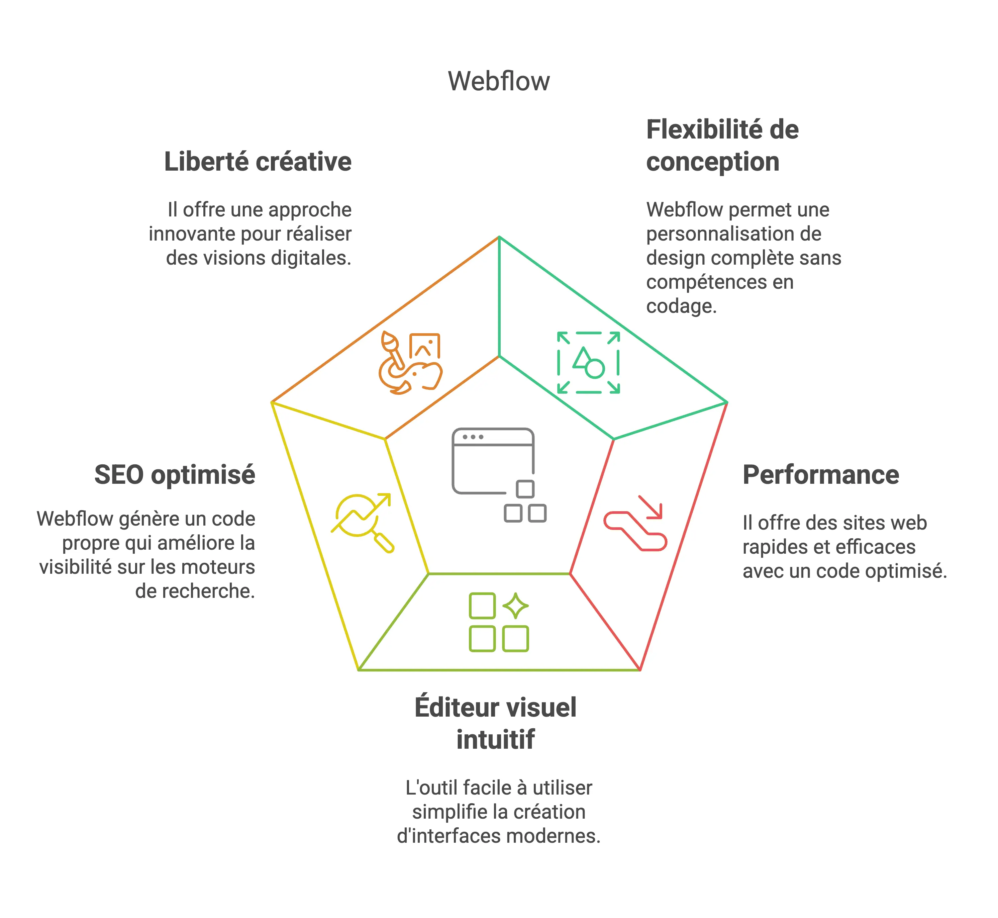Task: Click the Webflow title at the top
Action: pyautogui.click(x=499, y=81)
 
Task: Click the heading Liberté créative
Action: pyautogui.click(x=258, y=162)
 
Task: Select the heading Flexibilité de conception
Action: pyautogui.click(x=722, y=146)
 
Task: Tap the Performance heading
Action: pyautogui.click(x=820, y=475)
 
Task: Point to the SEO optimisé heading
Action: pyautogui.click(x=175, y=475)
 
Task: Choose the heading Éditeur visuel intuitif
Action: pyautogui.click(x=496, y=723)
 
